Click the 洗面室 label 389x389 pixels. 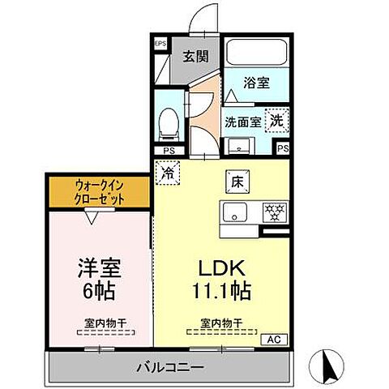coord(243,122)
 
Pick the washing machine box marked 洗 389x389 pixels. coord(276,120)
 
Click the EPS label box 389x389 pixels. coord(160,44)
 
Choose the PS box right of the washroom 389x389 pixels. coord(282,148)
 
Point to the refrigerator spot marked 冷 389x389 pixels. coord(166,172)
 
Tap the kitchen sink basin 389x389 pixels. coord(236,213)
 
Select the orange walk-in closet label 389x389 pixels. coord(100,191)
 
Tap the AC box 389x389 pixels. coord(273,339)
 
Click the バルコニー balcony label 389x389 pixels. coord(169,367)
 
